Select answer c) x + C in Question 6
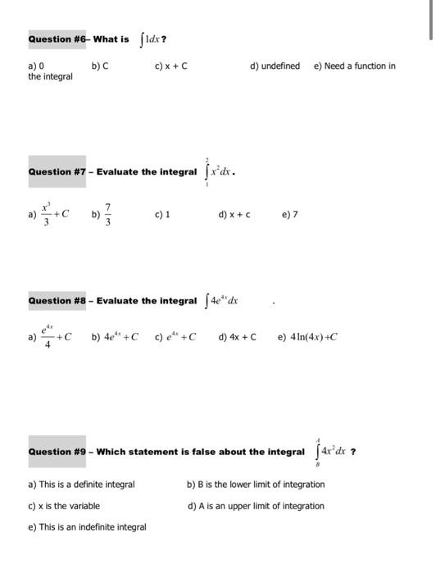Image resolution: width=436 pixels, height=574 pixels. coord(171,66)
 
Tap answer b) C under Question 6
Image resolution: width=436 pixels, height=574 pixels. coord(98,66)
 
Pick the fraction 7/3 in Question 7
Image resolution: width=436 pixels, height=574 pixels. coord(107,216)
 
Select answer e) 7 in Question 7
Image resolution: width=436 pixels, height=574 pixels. coord(289,216)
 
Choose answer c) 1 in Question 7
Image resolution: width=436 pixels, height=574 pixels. coord(161,216)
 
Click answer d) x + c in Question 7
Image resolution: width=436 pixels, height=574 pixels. coord(234,216)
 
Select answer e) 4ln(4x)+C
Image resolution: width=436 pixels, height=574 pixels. coord(308,336)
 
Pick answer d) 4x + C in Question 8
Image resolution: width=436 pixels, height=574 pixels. coord(238,336)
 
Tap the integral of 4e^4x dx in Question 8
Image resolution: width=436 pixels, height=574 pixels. coord(223,301)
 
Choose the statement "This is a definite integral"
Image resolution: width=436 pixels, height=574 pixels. coord(82,485)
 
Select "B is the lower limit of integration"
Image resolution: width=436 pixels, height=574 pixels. coord(256,485)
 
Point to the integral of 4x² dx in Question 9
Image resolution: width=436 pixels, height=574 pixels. coord(330,452)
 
